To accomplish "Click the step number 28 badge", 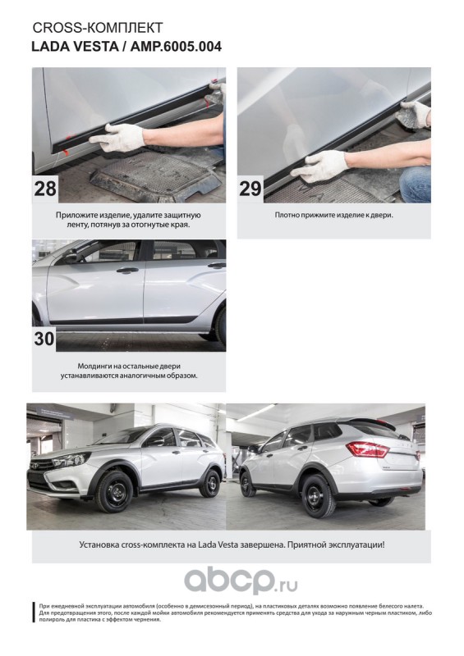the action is click(x=45, y=189).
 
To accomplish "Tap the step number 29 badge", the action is click(x=250, y=189).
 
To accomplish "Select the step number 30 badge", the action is click(x=44, y=339).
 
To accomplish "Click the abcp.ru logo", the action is click(x=241, y=581).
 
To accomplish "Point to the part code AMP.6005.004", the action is click(x=176, y=47).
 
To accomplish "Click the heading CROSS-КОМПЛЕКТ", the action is click(x=97, y=28).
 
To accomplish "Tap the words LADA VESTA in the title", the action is click(x=75, y=47).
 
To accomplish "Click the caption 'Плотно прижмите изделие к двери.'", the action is click(x=333, y=215).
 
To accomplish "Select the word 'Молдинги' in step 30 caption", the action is click(x=93, y=366).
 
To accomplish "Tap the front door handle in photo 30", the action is click(x=127, y=271).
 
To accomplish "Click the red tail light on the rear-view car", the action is click(x=368, y=449).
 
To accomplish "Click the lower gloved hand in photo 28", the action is click(x=117, y=136).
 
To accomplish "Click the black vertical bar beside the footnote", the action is click(x=34, y=613).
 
